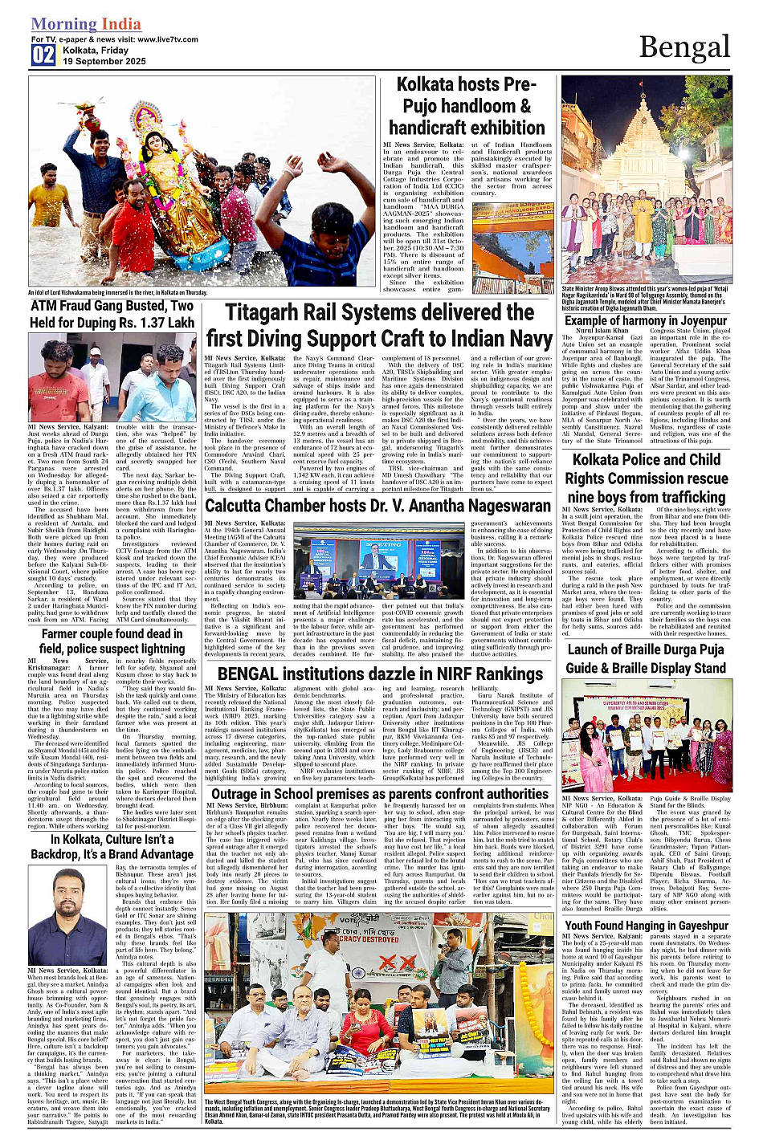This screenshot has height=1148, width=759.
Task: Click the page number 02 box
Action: pos(43,55)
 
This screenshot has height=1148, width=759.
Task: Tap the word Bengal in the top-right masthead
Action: pos(684,48)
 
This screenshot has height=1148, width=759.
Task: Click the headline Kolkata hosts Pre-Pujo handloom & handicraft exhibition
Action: pos(467,106)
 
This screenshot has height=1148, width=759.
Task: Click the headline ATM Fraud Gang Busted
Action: pos(112,314)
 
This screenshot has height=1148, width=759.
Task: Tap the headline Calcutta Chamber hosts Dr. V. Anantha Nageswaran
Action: pos(377,506)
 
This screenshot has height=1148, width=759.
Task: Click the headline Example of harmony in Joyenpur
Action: pos(646,320)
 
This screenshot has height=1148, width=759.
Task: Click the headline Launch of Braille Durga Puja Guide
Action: pos(646,658)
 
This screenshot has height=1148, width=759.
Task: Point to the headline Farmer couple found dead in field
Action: pos(112,641)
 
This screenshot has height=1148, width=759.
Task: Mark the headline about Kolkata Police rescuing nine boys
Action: pos(646,478)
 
